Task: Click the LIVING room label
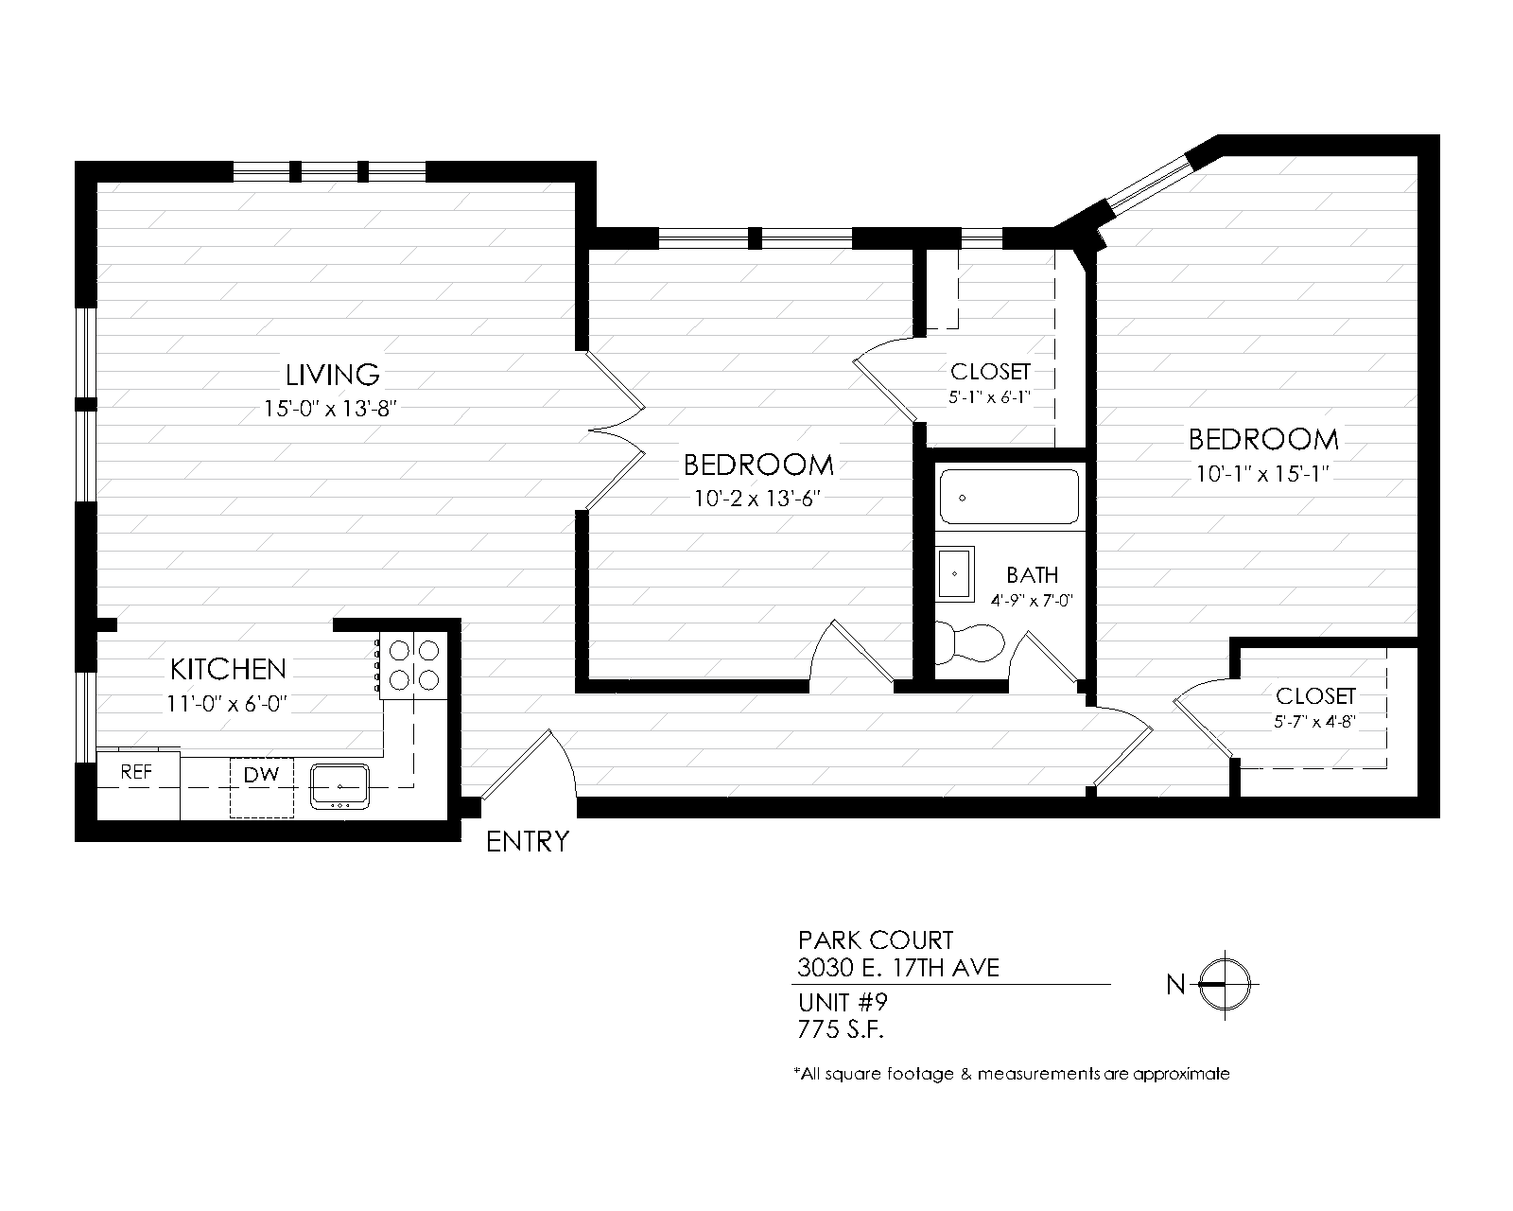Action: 332,375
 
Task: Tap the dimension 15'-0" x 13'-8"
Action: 330,409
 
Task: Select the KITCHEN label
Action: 229,669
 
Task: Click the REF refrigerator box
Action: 138,784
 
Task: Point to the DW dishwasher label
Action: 262,775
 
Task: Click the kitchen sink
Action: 339,786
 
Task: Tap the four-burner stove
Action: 413,665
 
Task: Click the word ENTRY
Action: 528,842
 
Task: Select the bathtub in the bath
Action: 1009,497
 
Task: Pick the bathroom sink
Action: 955,574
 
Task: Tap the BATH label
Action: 1032,575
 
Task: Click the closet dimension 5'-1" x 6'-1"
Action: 990,397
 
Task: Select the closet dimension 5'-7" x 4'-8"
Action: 1314,722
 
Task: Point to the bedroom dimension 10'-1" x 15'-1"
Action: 1262,474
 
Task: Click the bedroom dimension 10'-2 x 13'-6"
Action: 757,499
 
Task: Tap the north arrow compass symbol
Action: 1225,985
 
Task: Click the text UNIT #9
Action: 843,1001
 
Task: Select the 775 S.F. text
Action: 840,1029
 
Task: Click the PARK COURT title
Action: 876,940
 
